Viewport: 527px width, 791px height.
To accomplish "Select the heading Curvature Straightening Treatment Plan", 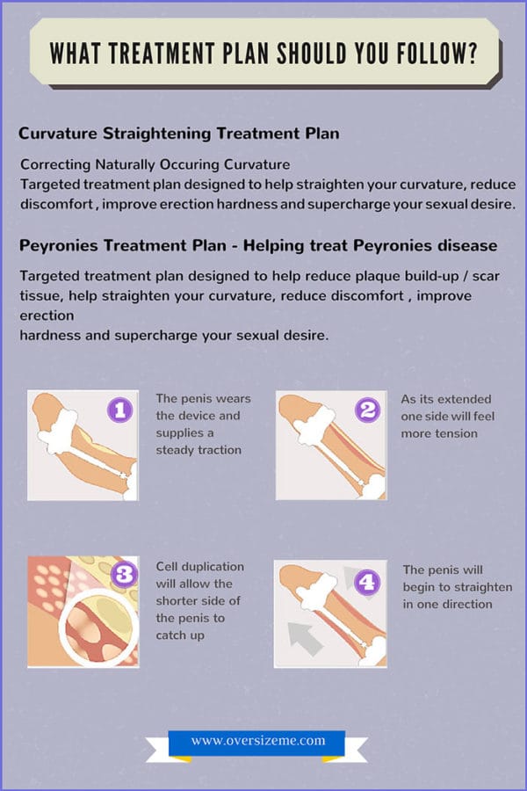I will point(178,134).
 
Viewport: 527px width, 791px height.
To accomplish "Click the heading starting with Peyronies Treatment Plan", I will point(258,245).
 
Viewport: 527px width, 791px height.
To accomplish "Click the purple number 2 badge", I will point(368,410).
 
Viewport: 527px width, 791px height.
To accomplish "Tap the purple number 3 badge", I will point(124,574).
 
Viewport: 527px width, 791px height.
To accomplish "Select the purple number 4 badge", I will point(366,581).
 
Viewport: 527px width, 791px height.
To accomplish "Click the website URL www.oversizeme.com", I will point(256,741).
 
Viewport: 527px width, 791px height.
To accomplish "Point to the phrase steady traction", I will point(199,450).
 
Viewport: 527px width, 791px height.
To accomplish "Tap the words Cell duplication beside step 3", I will point(200,567).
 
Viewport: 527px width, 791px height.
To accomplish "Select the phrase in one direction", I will point(448,604).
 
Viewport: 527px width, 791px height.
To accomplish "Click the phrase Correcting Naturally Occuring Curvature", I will point(155,164).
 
